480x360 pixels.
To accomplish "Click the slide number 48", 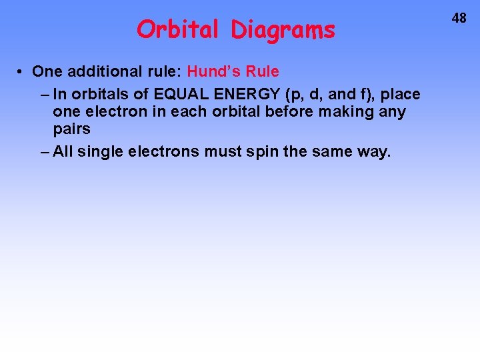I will pos(459,19).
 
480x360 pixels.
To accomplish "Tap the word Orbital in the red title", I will pos(177,29).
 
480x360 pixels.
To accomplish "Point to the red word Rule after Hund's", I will pos(263,71).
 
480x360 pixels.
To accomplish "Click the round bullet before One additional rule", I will pos(22,71).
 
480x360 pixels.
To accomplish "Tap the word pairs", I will pos(71,129).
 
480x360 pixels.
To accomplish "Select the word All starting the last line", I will pos(64,151).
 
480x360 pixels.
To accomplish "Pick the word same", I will pos(329,152).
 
